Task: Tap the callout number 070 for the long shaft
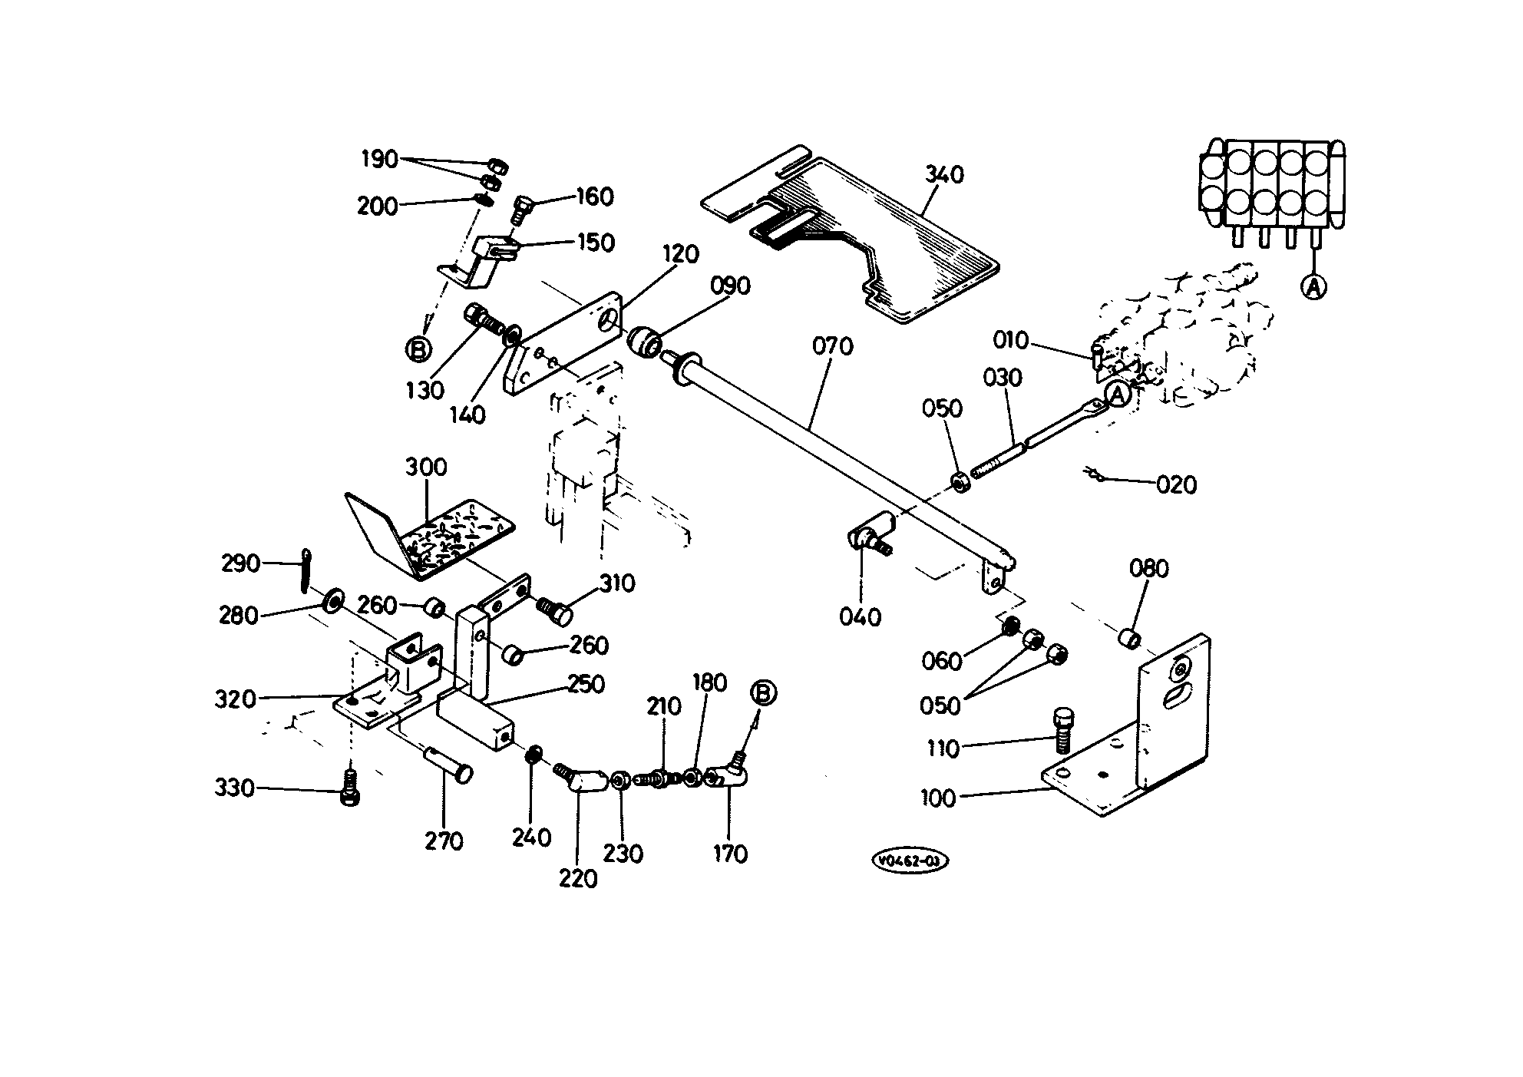tap(833, 347)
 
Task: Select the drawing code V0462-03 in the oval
tap(910, 861)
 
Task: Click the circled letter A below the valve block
tap(1313, 287)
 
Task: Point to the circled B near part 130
tap(418, 350)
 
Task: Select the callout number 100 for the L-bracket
tap(938, 799)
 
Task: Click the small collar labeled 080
tap(1128, 638)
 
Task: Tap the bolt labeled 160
tap(520, 208)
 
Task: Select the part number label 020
tap(1177, 485)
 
